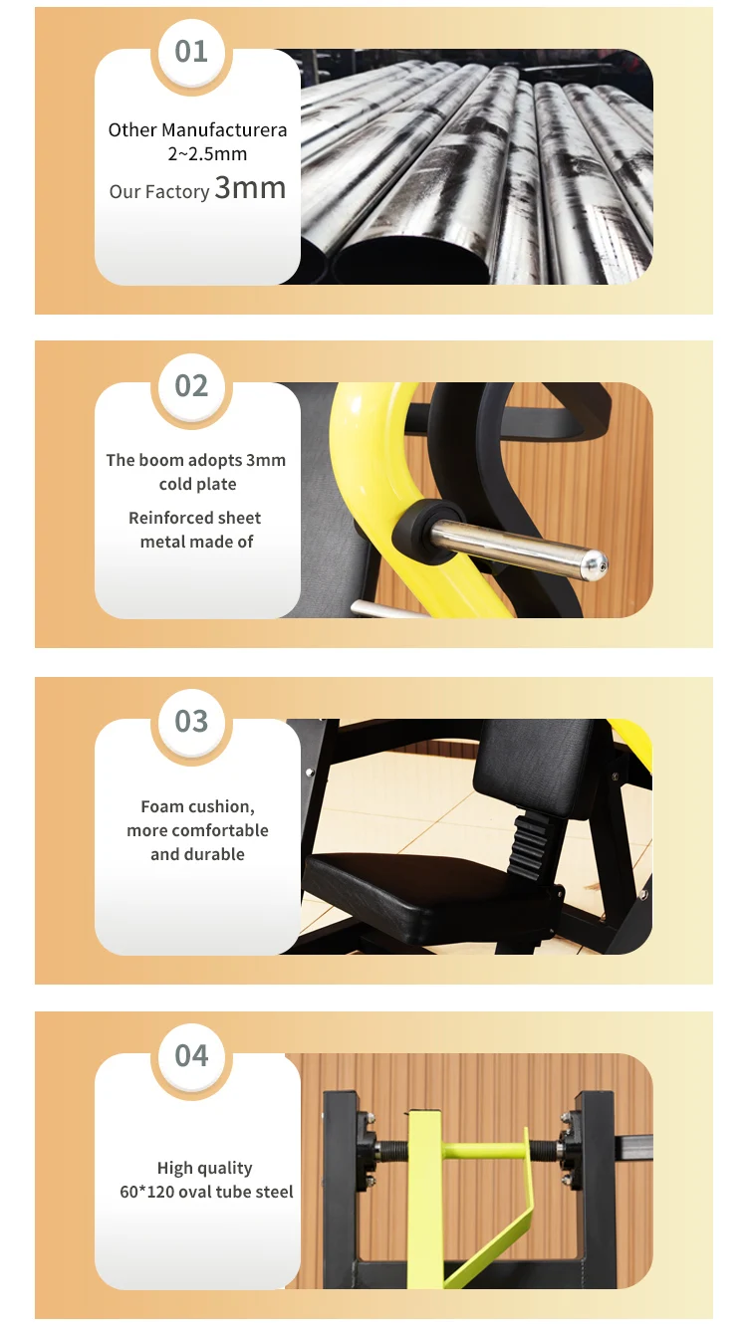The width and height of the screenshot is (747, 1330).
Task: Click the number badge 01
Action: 191,51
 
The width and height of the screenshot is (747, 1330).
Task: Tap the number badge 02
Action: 191,385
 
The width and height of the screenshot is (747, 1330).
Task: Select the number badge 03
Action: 191,721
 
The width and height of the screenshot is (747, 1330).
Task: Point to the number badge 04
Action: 191,1055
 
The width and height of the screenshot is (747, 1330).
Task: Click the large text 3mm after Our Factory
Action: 250,188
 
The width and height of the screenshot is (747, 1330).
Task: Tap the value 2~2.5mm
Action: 207,154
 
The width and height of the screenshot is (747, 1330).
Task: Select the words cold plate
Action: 197,485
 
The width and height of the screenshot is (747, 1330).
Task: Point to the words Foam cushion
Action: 197,806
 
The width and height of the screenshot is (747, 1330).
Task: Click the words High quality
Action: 204,1168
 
